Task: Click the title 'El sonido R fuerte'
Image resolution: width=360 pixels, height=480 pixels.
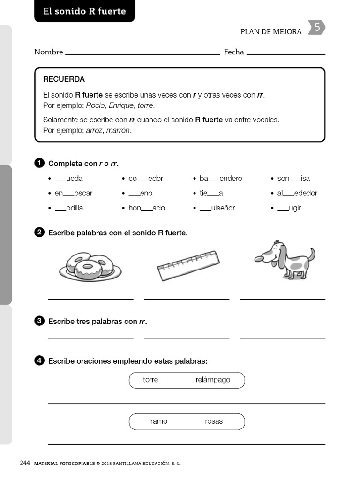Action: [84, 11]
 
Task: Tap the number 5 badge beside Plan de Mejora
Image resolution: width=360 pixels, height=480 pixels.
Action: [317, 28]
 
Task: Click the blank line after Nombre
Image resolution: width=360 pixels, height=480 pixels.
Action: [142, 54]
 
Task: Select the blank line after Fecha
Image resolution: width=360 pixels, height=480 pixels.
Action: [285, 54]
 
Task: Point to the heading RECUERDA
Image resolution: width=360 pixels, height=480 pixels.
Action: [64, 79]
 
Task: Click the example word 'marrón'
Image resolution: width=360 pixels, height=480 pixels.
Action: [118, 130]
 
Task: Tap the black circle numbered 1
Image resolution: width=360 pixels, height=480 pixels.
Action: [39, 163]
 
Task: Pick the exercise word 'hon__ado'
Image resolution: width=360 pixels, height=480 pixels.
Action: [146, 208]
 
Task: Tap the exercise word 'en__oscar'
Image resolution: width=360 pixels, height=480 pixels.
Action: [73, 193]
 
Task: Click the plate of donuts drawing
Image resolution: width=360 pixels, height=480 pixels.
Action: [90, 267]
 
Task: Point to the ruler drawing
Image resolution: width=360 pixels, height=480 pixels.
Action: [188, 265]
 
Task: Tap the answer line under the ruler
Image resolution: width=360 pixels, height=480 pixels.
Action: [187, 298]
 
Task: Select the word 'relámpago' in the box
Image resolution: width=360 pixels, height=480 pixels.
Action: [213, 380]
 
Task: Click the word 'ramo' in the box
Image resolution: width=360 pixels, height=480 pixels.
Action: [159, 421]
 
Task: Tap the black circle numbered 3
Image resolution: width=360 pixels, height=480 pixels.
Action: [39, 321]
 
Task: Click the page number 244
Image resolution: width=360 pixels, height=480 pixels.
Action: [25, 463]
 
